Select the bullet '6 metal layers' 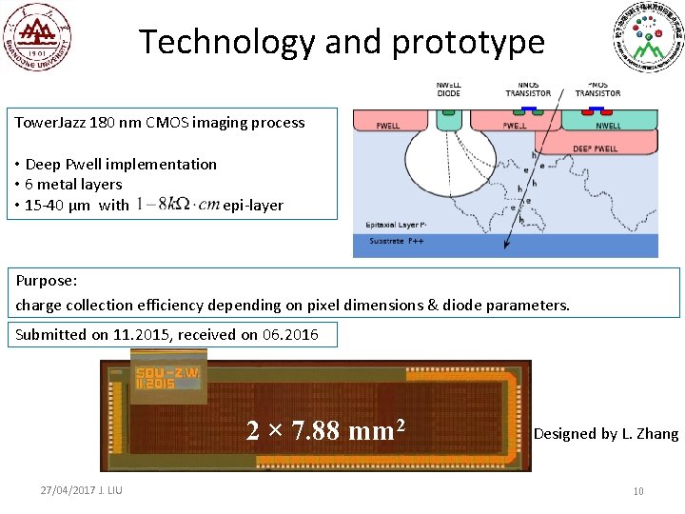[73, 184]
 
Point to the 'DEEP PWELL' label [595, 148]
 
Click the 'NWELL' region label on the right [608, 125]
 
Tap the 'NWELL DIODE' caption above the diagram [448, 89]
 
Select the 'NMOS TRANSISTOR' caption [528, 89]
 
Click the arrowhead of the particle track [505, 247]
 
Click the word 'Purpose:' [47, 282]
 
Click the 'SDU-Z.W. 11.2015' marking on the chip [167, 378]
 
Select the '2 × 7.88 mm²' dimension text [326, 431]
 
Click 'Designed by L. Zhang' [606, 434]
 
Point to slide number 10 [638, 490]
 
